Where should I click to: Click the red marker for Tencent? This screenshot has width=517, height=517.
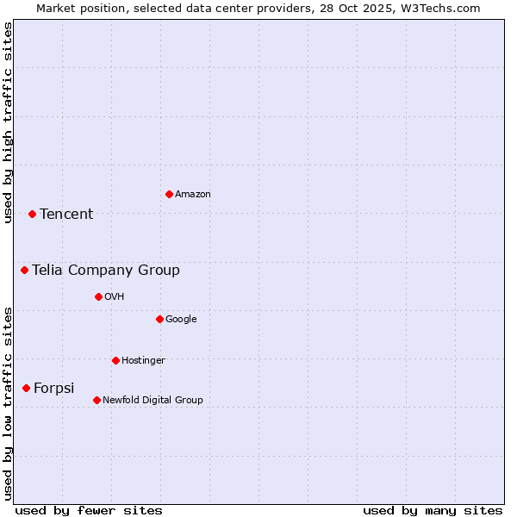[32, 214]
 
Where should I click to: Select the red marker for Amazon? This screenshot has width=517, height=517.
[169, 194]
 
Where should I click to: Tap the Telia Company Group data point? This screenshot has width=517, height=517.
[25, 270]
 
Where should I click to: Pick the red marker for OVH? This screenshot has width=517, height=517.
[98, 296]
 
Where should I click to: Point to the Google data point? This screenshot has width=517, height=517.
[159, 319]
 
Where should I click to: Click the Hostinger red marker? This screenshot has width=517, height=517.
[115, 360]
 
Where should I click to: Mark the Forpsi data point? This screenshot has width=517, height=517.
[26, 388]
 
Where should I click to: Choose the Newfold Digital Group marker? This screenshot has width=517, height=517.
[97, 400]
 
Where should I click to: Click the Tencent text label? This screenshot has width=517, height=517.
[66, 214]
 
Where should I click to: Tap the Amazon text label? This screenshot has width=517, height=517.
[193, 194]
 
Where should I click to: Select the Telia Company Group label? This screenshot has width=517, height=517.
[106, 270]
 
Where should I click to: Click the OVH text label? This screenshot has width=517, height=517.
[115, 296]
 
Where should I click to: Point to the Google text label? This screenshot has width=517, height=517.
[181, 319]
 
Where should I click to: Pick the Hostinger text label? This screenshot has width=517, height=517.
[143, 360]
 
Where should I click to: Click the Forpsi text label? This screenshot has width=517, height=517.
[54, 388]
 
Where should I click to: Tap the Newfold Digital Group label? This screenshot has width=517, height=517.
[153, 400]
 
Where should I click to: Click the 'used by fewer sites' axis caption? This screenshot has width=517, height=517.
[89, 510]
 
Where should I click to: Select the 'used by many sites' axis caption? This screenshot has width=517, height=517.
[433, 510]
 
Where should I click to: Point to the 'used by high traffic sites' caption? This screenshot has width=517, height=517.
[8, 122]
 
